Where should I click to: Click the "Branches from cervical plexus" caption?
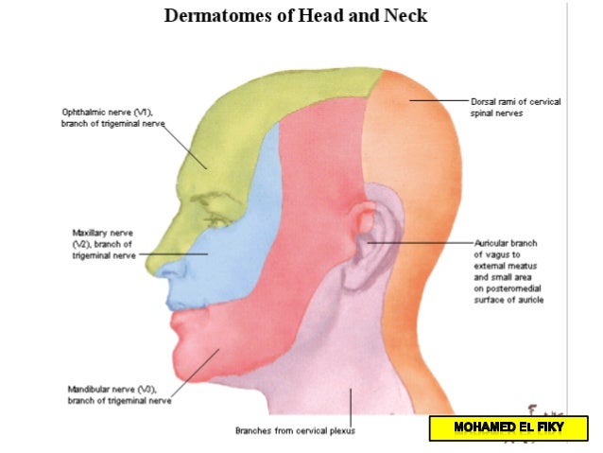click(x=295, y=430)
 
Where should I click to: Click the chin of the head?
click(x=189, y=364)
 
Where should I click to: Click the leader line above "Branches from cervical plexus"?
click(x=351, y=406)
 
